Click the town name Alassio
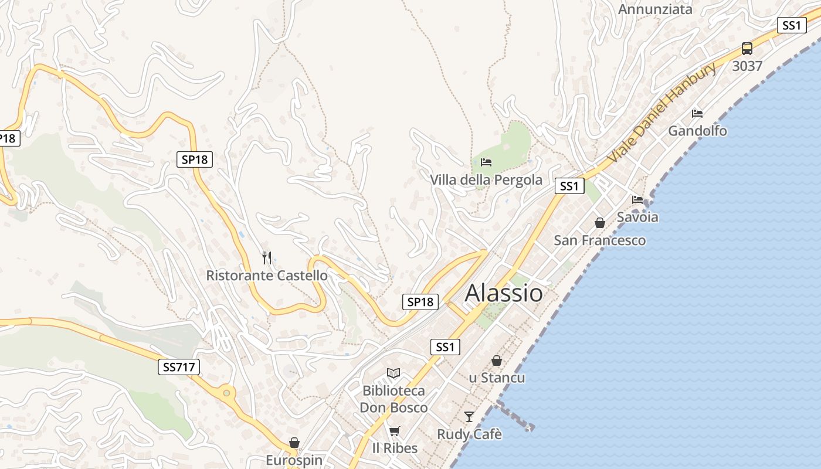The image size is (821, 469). point(504,293)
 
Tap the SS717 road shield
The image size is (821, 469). point(179,368)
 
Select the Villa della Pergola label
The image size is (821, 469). point(486,179)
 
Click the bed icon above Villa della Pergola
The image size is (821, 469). point(486,162)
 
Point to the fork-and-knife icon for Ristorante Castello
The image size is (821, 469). point(267,257)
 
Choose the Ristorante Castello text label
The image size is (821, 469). point(267,275)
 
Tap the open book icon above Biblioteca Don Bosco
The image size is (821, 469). point(393,373)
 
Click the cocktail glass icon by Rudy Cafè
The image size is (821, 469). point(469,417)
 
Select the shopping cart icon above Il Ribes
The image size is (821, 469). point(395,431)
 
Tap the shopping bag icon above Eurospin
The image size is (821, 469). point(294,443)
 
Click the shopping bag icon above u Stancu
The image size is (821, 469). point(497,361)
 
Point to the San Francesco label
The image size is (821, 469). point(600,240)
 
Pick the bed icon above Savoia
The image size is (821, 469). point(637,200)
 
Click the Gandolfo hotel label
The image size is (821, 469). point(697,131)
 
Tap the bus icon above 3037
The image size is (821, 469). point(747,49)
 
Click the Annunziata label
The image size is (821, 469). point(655,9)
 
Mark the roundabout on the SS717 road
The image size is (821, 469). point(226,392)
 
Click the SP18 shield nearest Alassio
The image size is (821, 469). point(420,302)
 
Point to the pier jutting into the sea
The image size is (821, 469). point(515,415)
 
